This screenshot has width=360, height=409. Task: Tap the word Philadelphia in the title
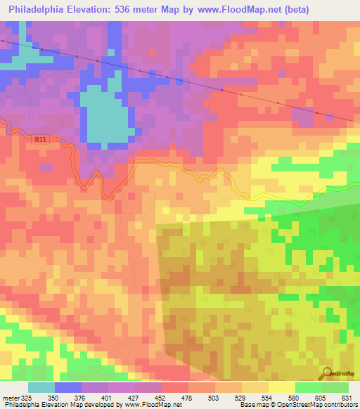pyautogui.click(x=41, y=8)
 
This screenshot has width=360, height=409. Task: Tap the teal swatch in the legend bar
pyautogui.click(x=41, y=387)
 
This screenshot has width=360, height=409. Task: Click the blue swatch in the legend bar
pyautogui.click(x=67, y=387)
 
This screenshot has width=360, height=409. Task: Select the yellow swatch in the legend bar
pyautogui.click(x=281, y=387)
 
